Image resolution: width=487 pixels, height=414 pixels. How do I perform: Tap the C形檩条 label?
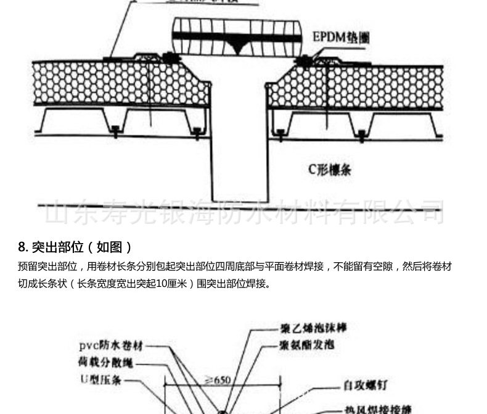(x=329, y=168)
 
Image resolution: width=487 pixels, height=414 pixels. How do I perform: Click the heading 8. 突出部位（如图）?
(x=75, y=247)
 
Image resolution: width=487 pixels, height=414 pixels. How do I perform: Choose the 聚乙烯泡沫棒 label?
(x=313, y=328)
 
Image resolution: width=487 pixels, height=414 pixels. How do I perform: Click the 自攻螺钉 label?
(x=365, y=386)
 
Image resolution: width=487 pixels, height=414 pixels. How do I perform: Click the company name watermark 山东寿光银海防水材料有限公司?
(x=243, y=212)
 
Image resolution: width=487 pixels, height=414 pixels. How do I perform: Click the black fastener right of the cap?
(x=304, y=60)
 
